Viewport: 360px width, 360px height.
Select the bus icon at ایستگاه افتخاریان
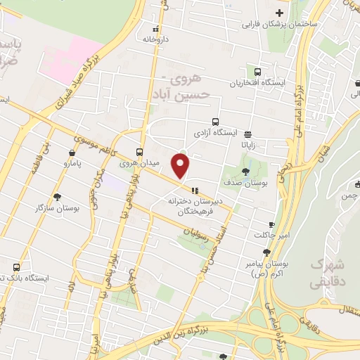coord(257,72)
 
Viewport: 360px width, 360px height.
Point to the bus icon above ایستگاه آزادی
coord(215,121)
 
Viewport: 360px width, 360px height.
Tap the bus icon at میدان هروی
coord(140,151)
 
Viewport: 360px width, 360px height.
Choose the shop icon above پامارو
coord(72,153)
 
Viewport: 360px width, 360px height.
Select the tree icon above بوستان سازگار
coord(56,197)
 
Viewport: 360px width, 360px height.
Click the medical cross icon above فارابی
coord(279,13)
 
